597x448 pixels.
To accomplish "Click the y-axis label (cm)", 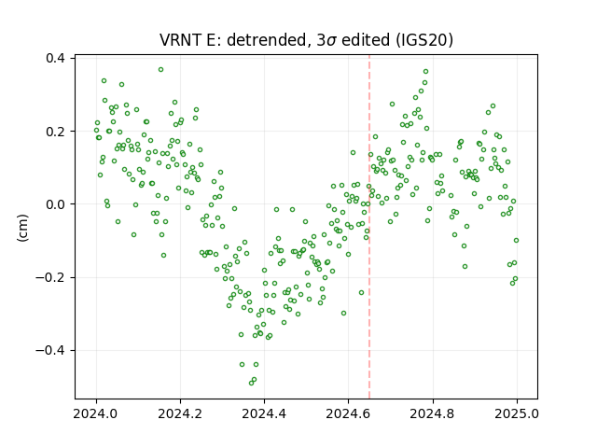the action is [x=22, y=228].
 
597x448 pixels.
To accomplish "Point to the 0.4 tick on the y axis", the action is [x=55, y=58].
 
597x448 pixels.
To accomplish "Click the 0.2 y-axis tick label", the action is [x=55, y=132].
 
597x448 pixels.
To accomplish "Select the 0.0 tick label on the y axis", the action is [x=55, y=204].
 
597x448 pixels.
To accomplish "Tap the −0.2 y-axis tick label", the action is [x=50, y=278].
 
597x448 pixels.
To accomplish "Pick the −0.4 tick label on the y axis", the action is [x=50, y=351].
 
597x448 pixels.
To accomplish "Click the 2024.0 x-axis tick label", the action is [x=96, y=413].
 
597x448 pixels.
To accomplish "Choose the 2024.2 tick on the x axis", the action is [x=180, y=413].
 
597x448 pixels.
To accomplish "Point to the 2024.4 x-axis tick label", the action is [x=264, y=413].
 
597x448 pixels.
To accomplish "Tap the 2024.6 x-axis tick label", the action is [x=348, y=413].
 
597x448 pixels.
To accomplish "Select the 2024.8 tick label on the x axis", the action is [x=433, y=413].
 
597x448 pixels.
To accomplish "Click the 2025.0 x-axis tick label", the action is [x=517, y=413].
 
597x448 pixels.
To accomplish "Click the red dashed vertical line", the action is [x=369, y=227].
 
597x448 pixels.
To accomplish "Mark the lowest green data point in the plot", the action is [x=251, y=383].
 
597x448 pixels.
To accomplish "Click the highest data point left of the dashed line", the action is [x=161, y=70].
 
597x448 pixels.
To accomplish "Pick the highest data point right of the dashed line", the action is [x=425, y=72].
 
